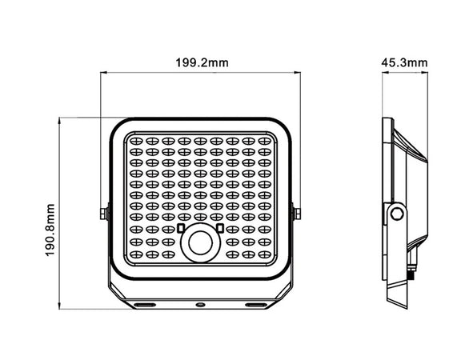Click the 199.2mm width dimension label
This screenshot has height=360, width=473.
(x=199, y=62)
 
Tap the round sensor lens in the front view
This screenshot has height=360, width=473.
(x=199, y=244)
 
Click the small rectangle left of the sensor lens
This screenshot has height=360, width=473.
(x=181, y=229)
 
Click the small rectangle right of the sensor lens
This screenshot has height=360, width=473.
(x=218, y=229)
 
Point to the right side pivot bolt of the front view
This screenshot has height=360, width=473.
(x=297, y=213)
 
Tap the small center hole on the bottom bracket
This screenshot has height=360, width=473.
(x=199, y=305)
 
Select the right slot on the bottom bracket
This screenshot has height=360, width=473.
(x=256, y=305)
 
